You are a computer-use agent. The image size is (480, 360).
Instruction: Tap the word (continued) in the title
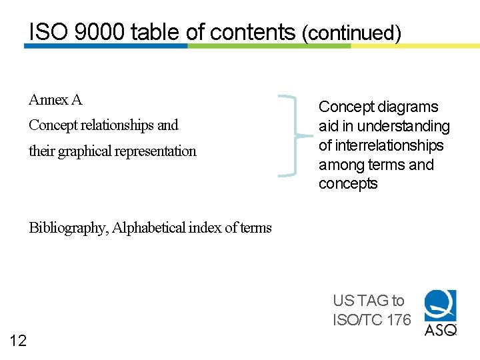[x=351, y=33]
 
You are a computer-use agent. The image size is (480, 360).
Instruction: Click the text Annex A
[x=55, y=100]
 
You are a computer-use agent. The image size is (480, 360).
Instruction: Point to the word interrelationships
[x=390, y=145]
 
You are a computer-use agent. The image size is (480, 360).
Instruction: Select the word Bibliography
[x=67, y=228]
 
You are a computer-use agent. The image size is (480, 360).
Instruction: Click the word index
[x=205, y=228]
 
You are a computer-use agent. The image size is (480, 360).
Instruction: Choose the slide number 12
[x=19, y=341]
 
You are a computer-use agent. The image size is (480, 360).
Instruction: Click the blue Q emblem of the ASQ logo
[x=441, y=305]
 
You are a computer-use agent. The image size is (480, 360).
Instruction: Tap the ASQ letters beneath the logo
[x=441, y=329]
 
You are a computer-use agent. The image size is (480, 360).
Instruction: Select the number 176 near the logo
[x=399, y=320]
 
